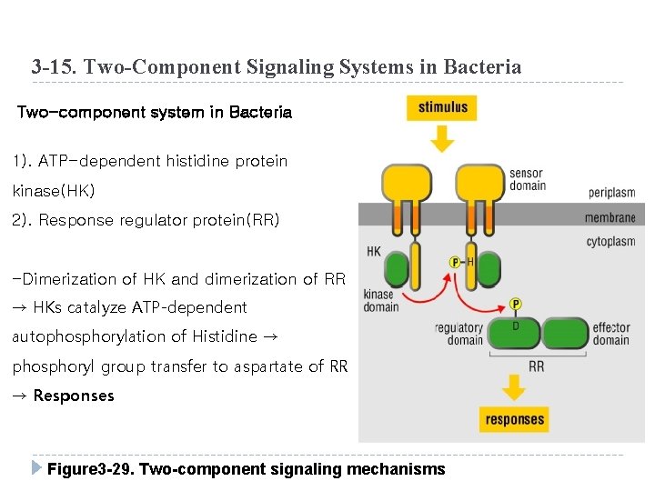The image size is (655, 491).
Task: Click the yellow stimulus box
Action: [x=442, y=107]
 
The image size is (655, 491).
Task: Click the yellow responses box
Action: [x=514, y=419]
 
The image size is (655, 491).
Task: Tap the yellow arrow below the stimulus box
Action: [x=442, y=139]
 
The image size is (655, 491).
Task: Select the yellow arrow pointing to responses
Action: [x=514, y=388]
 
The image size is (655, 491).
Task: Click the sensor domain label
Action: [x=528, y=180]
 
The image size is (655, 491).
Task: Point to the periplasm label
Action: [x=611, y=194]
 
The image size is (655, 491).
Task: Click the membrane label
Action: [x=610, y=217]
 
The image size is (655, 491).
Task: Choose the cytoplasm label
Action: [x=610, y=242]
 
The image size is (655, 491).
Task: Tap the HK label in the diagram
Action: [x=374, y=251]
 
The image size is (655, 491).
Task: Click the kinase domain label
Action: [x=380, y=300]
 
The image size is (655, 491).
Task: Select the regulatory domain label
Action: [x=458, y=334]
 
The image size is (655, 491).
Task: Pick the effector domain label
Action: [x=610, y=334]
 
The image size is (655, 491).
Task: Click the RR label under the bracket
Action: [x=536, y=366]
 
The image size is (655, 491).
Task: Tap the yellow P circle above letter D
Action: [x=516, y=304]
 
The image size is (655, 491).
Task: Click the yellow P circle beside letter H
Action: [x=455, y=262]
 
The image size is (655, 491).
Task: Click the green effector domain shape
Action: [x=566, y=334]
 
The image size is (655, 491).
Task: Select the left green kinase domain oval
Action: [x=398, y=270]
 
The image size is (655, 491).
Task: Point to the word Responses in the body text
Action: [x=74, y=396]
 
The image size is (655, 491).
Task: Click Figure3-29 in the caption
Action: [x=89, y=469]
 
